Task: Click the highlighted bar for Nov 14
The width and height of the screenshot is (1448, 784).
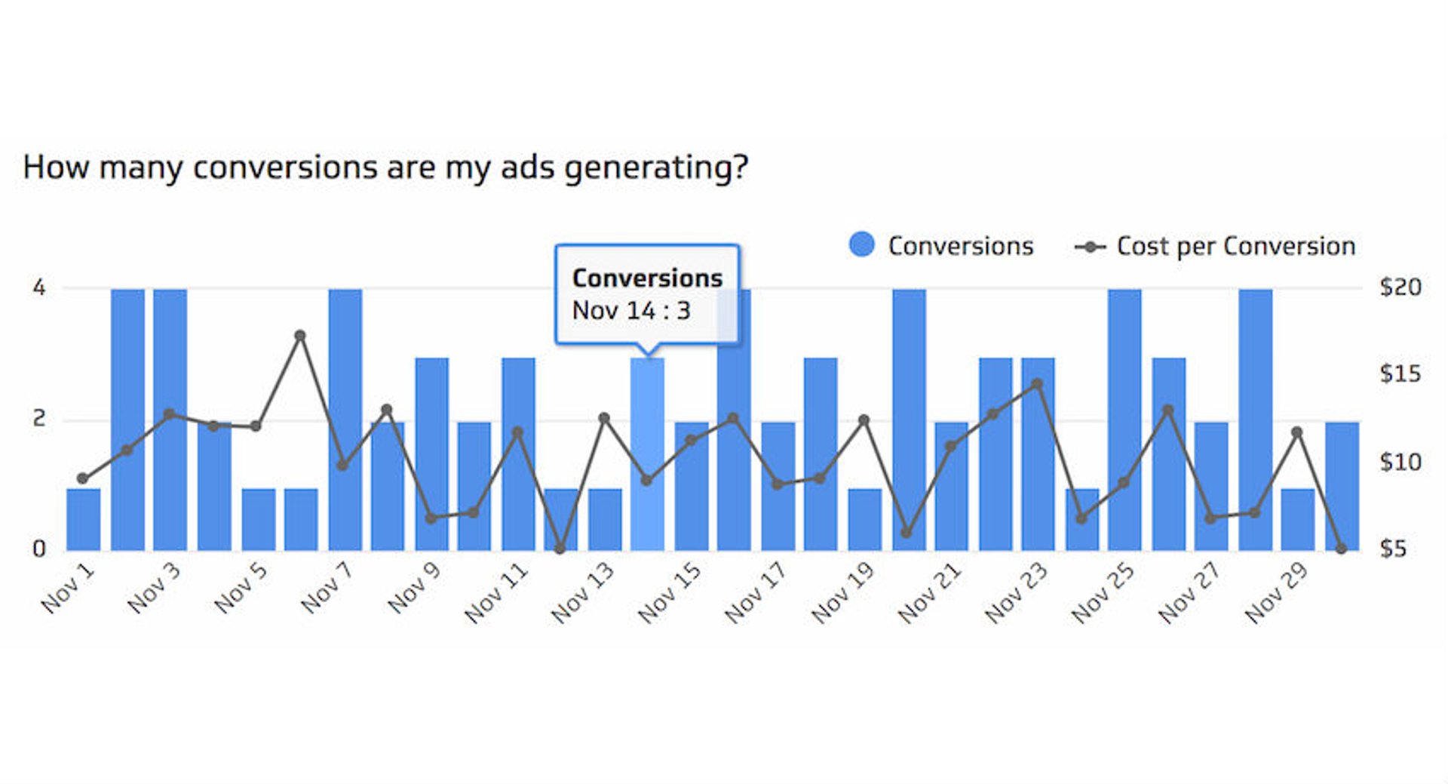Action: [647, 453]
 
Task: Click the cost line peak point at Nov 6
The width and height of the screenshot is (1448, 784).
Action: [300, 336]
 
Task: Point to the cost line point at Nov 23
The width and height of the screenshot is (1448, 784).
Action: [1037, 384]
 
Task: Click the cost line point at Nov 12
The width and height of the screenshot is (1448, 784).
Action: [560, 549]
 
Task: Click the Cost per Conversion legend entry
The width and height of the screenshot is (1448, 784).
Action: [1216, 246]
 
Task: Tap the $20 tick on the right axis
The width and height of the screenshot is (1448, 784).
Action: [1400, 287]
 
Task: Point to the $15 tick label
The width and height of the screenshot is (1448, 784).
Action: [1400, 374]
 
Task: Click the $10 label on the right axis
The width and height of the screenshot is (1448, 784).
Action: [1400, 461]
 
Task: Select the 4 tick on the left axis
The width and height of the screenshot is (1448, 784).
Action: [39, 287]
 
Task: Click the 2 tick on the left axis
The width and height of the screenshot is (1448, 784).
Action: [39, 419]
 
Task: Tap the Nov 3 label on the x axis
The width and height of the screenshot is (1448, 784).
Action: [155, 588]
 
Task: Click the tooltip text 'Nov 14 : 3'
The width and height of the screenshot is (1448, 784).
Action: [631, 310]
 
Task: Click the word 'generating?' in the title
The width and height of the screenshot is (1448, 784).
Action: [655, 168]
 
